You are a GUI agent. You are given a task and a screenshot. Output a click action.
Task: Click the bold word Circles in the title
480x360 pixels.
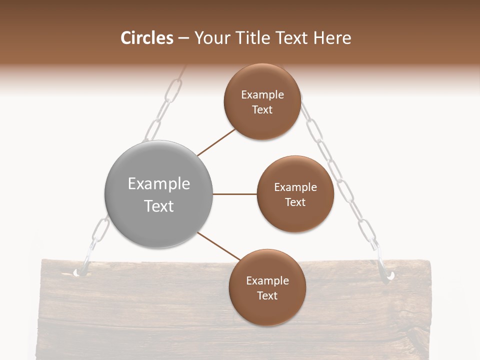[146, 38]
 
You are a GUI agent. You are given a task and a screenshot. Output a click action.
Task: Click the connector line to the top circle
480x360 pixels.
[216, 143]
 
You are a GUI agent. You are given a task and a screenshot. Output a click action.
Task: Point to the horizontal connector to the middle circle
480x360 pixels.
[234, 194]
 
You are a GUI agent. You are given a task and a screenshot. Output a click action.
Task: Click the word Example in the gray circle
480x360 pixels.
[159, 184]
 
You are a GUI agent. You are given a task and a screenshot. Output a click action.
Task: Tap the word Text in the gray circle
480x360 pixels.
[159, 206]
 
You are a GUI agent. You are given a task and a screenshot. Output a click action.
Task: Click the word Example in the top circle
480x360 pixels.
[262, 95]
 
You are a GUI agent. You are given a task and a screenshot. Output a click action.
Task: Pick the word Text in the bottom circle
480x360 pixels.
[267, 295]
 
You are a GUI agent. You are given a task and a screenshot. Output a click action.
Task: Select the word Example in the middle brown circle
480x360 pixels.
[295, 187]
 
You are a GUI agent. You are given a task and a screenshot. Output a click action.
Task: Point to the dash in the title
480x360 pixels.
[183, 38]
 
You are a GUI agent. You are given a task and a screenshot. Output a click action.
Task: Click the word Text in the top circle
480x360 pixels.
[262, 109]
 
